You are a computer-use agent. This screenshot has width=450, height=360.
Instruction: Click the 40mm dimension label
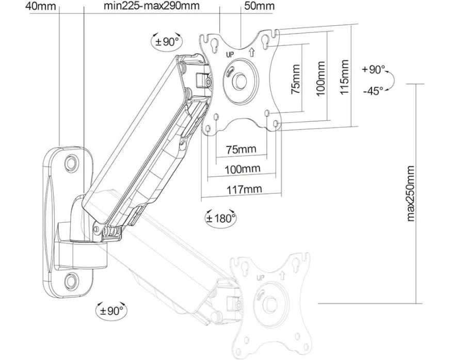pyautogui.click(x=41, y=6)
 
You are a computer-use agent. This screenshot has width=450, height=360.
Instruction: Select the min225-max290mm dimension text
pyautogui.click(x=152, y=6)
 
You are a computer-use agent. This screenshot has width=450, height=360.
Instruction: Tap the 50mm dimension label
pyautogui.click(x=259, y=6)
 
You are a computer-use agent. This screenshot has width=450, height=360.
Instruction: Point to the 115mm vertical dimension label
pyautogui.click(x=344, y=76)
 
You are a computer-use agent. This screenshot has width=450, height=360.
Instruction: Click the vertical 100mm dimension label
pyautogui.click(x=320, y=78)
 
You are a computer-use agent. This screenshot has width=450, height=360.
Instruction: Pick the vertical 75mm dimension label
pyautogui.click(x=295, y=79)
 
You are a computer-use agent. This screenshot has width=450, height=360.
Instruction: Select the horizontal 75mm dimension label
pyautogui.click(x=241, y=149)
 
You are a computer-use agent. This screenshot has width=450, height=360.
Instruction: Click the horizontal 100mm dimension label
pyautogui.click(x=243, y=169)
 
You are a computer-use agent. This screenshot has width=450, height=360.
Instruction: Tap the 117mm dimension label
pyautogui.click(x=244, y=189)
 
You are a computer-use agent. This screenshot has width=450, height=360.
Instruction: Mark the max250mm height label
pyautogui.click(x=411, y=193)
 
